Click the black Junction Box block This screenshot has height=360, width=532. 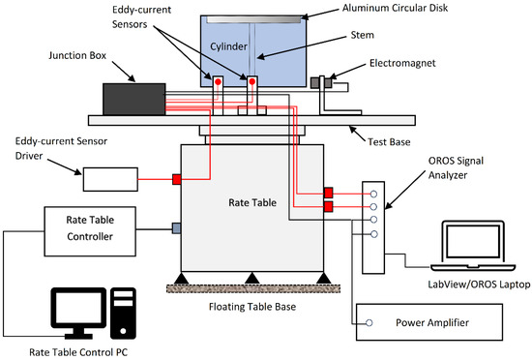(x=134, y=99)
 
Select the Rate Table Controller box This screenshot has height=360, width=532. (x=90, y=231)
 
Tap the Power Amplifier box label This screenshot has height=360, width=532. (x=432, y=322)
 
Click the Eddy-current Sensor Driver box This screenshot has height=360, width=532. (x=110, y=179)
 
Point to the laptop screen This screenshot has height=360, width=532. (x=473, y=242)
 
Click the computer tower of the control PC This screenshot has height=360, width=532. (x=123, y=314)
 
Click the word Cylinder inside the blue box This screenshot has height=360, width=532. (x=228, y=46)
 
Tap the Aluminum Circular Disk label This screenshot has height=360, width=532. (x=395, y=8)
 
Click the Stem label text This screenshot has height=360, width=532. (x=363, y=35)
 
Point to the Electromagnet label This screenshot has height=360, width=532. (x=402, y=63)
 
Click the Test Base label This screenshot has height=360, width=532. (x=389, y=142)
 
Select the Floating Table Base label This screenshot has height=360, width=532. (x=252, y=307)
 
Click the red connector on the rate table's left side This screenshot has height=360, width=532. (x=176, y=179)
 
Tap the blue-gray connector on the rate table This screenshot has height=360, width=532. (x=176, y=228)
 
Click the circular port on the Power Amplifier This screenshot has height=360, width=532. (x=369, y=323)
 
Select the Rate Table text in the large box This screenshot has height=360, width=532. (x=252, y=202)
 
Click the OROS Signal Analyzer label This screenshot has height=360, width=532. (x=456, y=167)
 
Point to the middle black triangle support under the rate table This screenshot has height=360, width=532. (x=251, y=279)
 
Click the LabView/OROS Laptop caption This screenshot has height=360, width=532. (x=479, y=285)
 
